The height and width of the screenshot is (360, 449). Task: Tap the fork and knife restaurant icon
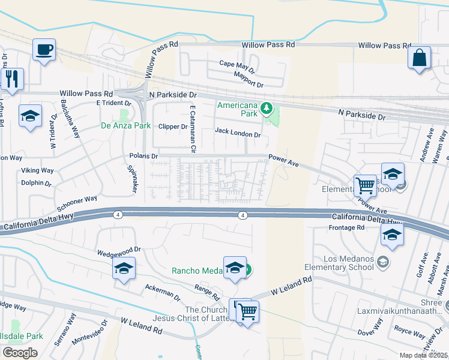12,78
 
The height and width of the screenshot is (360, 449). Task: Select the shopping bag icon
419,58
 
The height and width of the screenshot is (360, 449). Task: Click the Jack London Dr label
237,131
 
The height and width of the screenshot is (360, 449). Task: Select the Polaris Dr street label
143,156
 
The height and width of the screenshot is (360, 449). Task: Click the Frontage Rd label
347,228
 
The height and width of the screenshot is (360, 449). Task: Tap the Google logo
20,352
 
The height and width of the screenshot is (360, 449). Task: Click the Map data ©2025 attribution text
424,355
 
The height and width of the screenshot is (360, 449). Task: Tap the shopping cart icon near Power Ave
365,185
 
